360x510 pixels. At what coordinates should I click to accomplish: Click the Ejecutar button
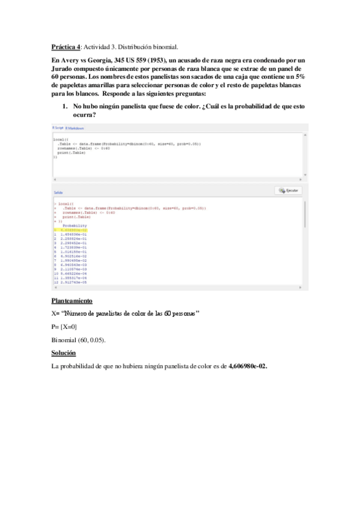[x=289, y=191]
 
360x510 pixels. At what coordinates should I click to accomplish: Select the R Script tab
[x=58, y=128]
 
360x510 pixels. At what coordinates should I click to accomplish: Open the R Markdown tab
[x=75, y=128]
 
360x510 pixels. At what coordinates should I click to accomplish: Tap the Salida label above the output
[x=59, y=192]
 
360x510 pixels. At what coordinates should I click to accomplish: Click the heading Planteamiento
[x=72, y=300]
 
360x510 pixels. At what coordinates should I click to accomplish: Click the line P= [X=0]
[x=64, y=327]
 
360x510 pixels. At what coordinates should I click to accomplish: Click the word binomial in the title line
[x=165, y=46]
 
